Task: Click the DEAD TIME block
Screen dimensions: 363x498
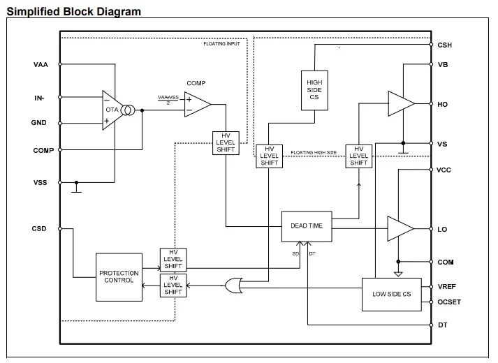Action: pos(307,226)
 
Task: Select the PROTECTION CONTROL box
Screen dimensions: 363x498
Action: pos(119,277)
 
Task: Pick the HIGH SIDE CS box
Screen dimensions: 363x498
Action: pos(314,88)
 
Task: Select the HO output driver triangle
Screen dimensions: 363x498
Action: pos(401,104)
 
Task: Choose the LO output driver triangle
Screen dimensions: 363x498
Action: pos(400,228)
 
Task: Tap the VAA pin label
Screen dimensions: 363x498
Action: pos(41,65)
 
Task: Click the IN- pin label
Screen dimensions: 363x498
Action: pos(39,98)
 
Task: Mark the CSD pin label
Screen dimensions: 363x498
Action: pos(39,228)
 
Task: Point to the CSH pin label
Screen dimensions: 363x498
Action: pos(444,45)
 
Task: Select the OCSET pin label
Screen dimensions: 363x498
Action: pos(448,302)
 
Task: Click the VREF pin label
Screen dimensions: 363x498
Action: pos(446,286)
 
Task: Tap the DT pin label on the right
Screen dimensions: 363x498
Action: pos(442,325)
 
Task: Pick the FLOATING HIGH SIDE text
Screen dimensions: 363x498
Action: pos(314,151)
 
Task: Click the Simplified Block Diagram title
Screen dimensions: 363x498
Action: pos(74,12)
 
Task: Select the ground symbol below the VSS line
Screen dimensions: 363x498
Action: pos(78,189)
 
